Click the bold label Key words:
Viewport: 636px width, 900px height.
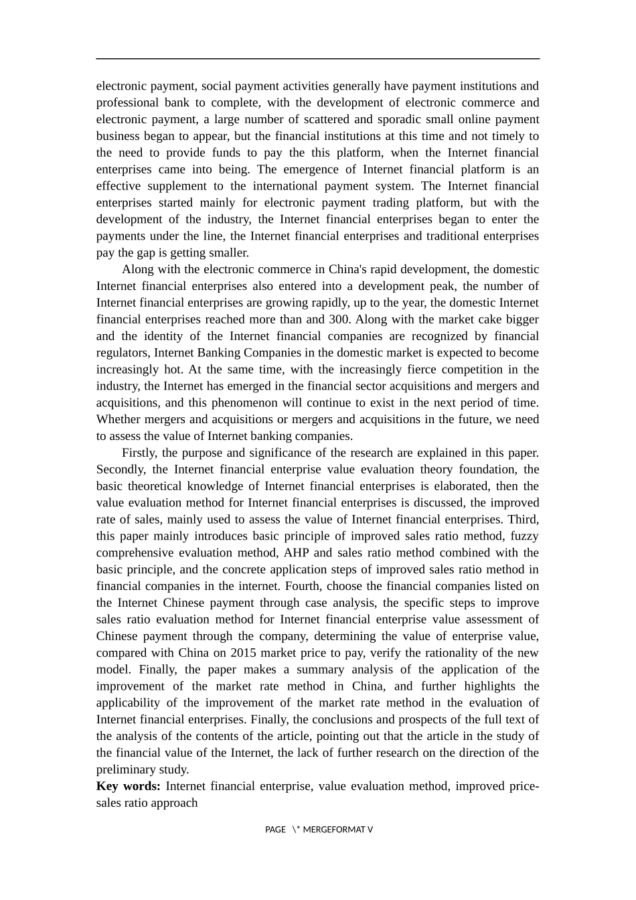coord(128,786)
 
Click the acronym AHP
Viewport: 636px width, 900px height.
coord(297,553)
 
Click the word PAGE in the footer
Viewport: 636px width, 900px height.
coord(275,830)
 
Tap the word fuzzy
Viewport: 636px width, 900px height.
coord(524,536)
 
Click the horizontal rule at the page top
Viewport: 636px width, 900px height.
coord(317,59)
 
